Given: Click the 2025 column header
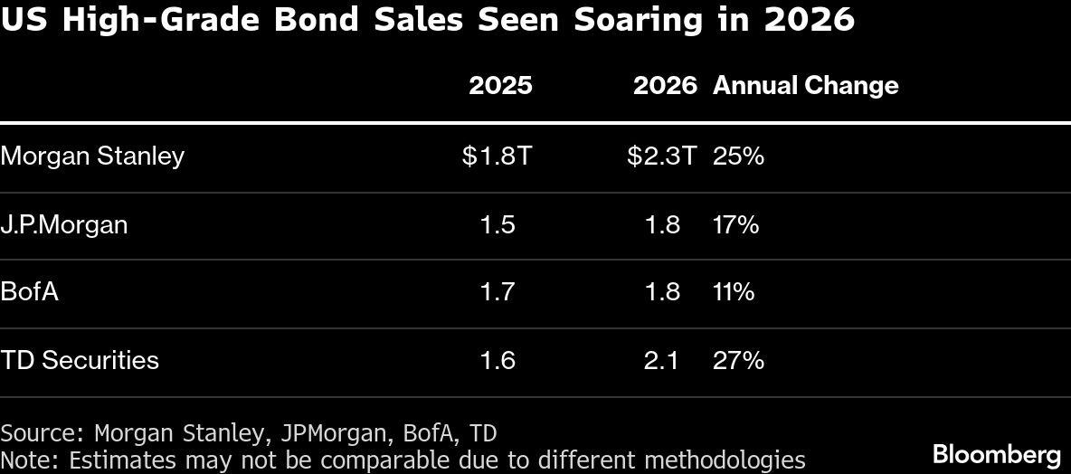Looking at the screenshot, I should pyautogui.click(x=500, y=86).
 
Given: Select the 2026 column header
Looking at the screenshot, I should pyautogui.click(x=665, y=86).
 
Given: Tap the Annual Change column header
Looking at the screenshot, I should pyautogui.click(x=805, y=86).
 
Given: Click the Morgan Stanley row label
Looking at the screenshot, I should pyautogui.click(x=92, y=156).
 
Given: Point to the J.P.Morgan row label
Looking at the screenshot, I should pyautogui.click(x=64, y=224).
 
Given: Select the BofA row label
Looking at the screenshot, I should pyautogui.click(x=30, y=292).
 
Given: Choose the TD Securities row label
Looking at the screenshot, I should pyautogui.click(x=80, y=360).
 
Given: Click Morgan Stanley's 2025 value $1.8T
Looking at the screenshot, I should pyautogui.click(x=497, y=156).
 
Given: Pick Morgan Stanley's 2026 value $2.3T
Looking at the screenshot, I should pyautogui.click(x=662, y=156).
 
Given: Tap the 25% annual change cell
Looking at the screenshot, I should pyautogui.click(x=738, y=156).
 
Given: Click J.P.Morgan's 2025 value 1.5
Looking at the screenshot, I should pyautogui.click(x=498, y=224).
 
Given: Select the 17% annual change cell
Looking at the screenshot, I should pyautogui.click(x=735, y=224).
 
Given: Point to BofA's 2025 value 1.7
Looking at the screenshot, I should pyautogui.click(x=498, y=292).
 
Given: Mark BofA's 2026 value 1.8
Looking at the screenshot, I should pyautogui.click(x=662, y=292).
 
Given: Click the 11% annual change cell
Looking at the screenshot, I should pyautogui.click(x=734, y=292).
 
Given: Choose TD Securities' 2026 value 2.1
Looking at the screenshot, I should pyautogui.click(x=662, y=360).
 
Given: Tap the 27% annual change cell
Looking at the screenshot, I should pyautogui.click(x=738, y=360).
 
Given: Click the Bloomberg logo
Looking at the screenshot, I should pyautogui.click(x=996, y=454).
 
